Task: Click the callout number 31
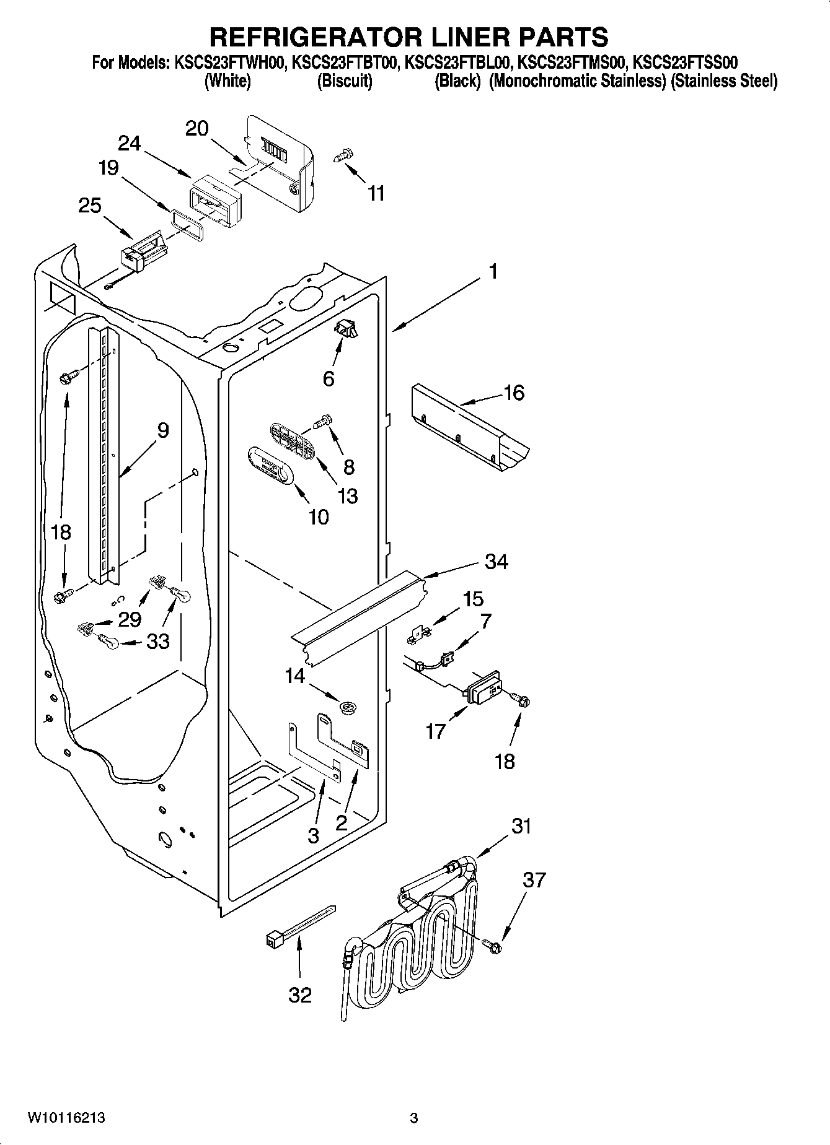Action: [521, 826]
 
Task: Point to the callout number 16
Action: [514, 393]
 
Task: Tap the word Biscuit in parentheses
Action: [345, 81]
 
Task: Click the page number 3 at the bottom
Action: [414, 1118]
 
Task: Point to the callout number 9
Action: [162, 430]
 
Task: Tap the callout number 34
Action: [497, 562]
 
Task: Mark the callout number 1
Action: [493, 271]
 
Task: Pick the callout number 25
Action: [90, 206]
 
